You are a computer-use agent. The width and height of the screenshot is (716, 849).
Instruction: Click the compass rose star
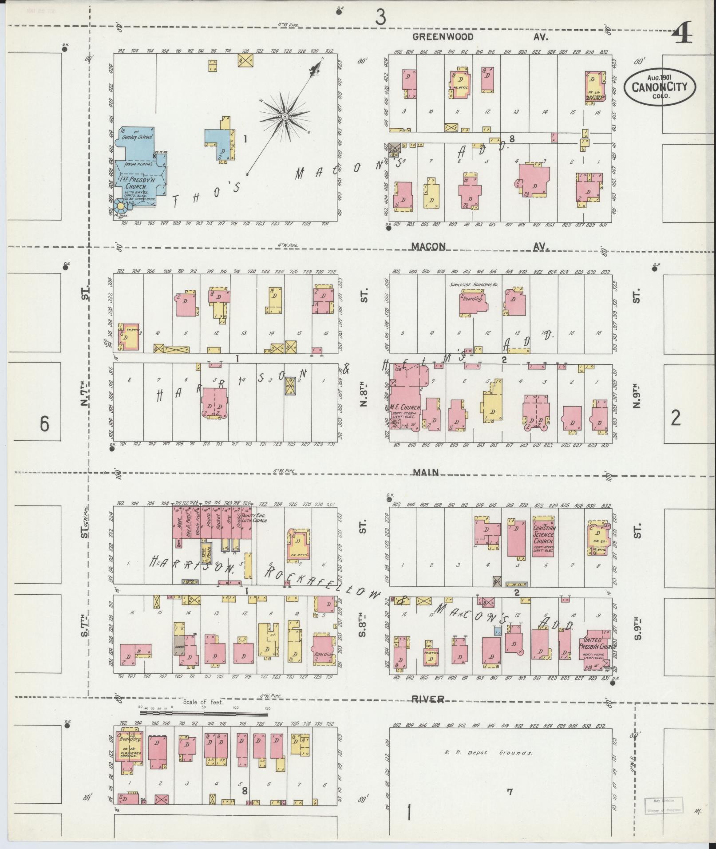(x=285, y=117)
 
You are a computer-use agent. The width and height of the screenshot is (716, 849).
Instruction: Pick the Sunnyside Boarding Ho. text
(x=472, y=284)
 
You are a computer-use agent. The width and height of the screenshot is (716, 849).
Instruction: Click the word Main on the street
(x=426, y=473)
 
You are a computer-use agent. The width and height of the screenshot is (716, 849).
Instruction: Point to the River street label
(x=427, y=699)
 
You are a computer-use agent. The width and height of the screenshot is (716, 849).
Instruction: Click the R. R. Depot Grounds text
(x=488, y=752)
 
